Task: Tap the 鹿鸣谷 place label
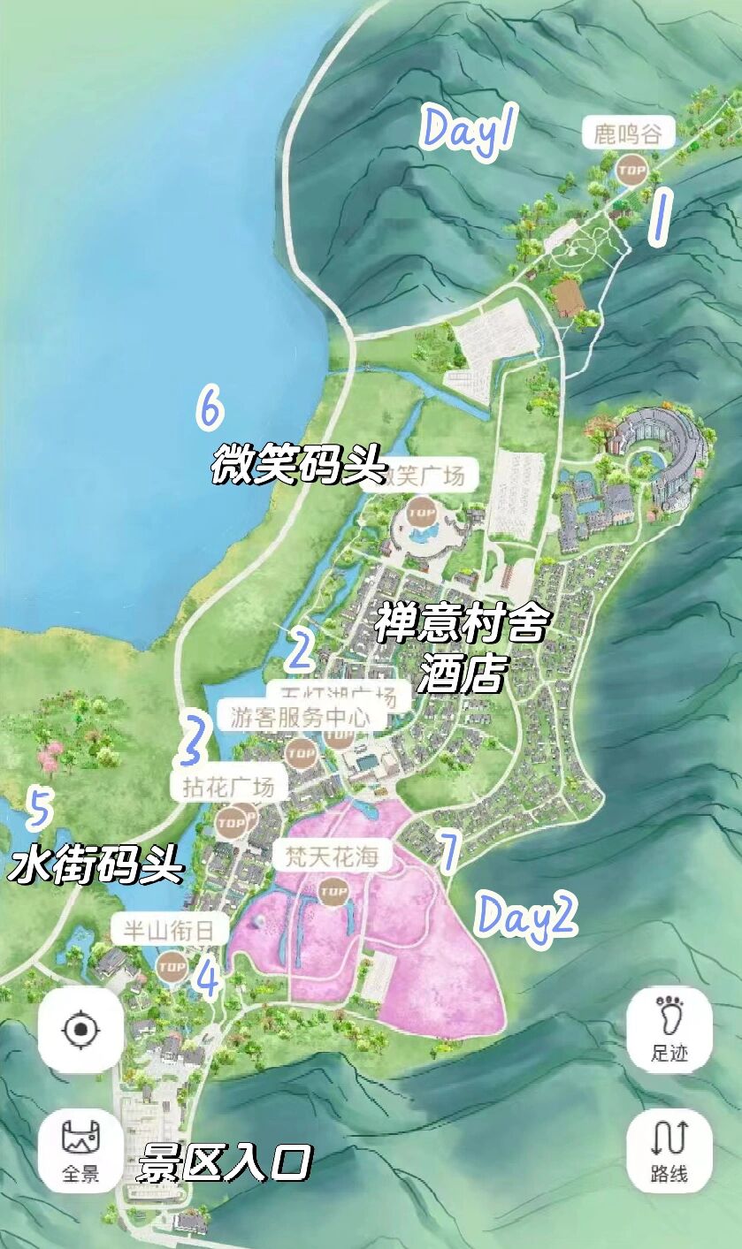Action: (628, 133)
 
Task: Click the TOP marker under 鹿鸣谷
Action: (631, 169)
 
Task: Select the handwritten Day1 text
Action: (469, 130)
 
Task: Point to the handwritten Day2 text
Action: (526, 915)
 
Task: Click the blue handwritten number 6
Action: (210, 409)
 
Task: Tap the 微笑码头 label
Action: (299, 465)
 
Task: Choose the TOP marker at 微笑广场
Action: (423, 512)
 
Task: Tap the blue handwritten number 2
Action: (300, 651)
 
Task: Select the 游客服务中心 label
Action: (300, 716)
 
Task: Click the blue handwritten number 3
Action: (192, 740)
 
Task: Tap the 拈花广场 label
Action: (228, 786)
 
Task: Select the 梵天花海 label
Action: (332, 856)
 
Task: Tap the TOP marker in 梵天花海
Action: (333, 892)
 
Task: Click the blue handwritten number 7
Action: (447, 851)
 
